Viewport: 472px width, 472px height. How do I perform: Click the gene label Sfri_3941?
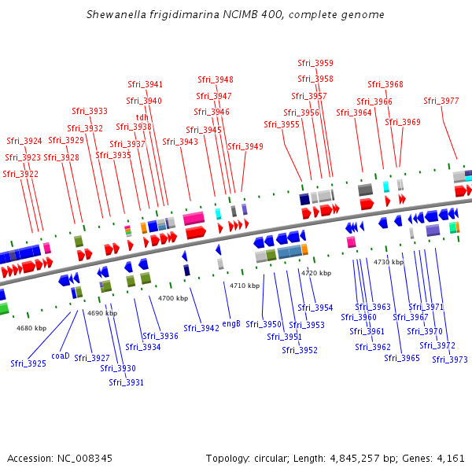pyautogui.click(x=146, y=84)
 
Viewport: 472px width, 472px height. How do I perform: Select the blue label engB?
pyautogui.click(x=231, y=323)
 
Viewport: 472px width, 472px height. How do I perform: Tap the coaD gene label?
pyautogui.click(x=61, y=356)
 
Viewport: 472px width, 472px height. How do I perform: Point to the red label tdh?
pyautogui.click(x=142, y=117)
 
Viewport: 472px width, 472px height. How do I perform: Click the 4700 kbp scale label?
pyautogui.click(x=173, y=299)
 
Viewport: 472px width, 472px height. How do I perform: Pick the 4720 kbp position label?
pyautogui.click(x=316, y=273)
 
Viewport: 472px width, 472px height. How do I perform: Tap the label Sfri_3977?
pyautogui.click(x=441, y=101)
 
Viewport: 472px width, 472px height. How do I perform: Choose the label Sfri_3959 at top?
pyautogui.click(x=315, y=63)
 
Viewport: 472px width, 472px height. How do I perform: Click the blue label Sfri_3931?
pyautogui.click(x=127, y=382)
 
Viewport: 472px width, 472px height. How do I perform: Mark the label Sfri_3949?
pyautogui.click(x=245, y=146)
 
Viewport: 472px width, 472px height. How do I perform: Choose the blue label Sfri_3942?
pyautogui.click(x=201, y=328)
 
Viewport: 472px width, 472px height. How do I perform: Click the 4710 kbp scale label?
pyautogui.click(x=244, y=286)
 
